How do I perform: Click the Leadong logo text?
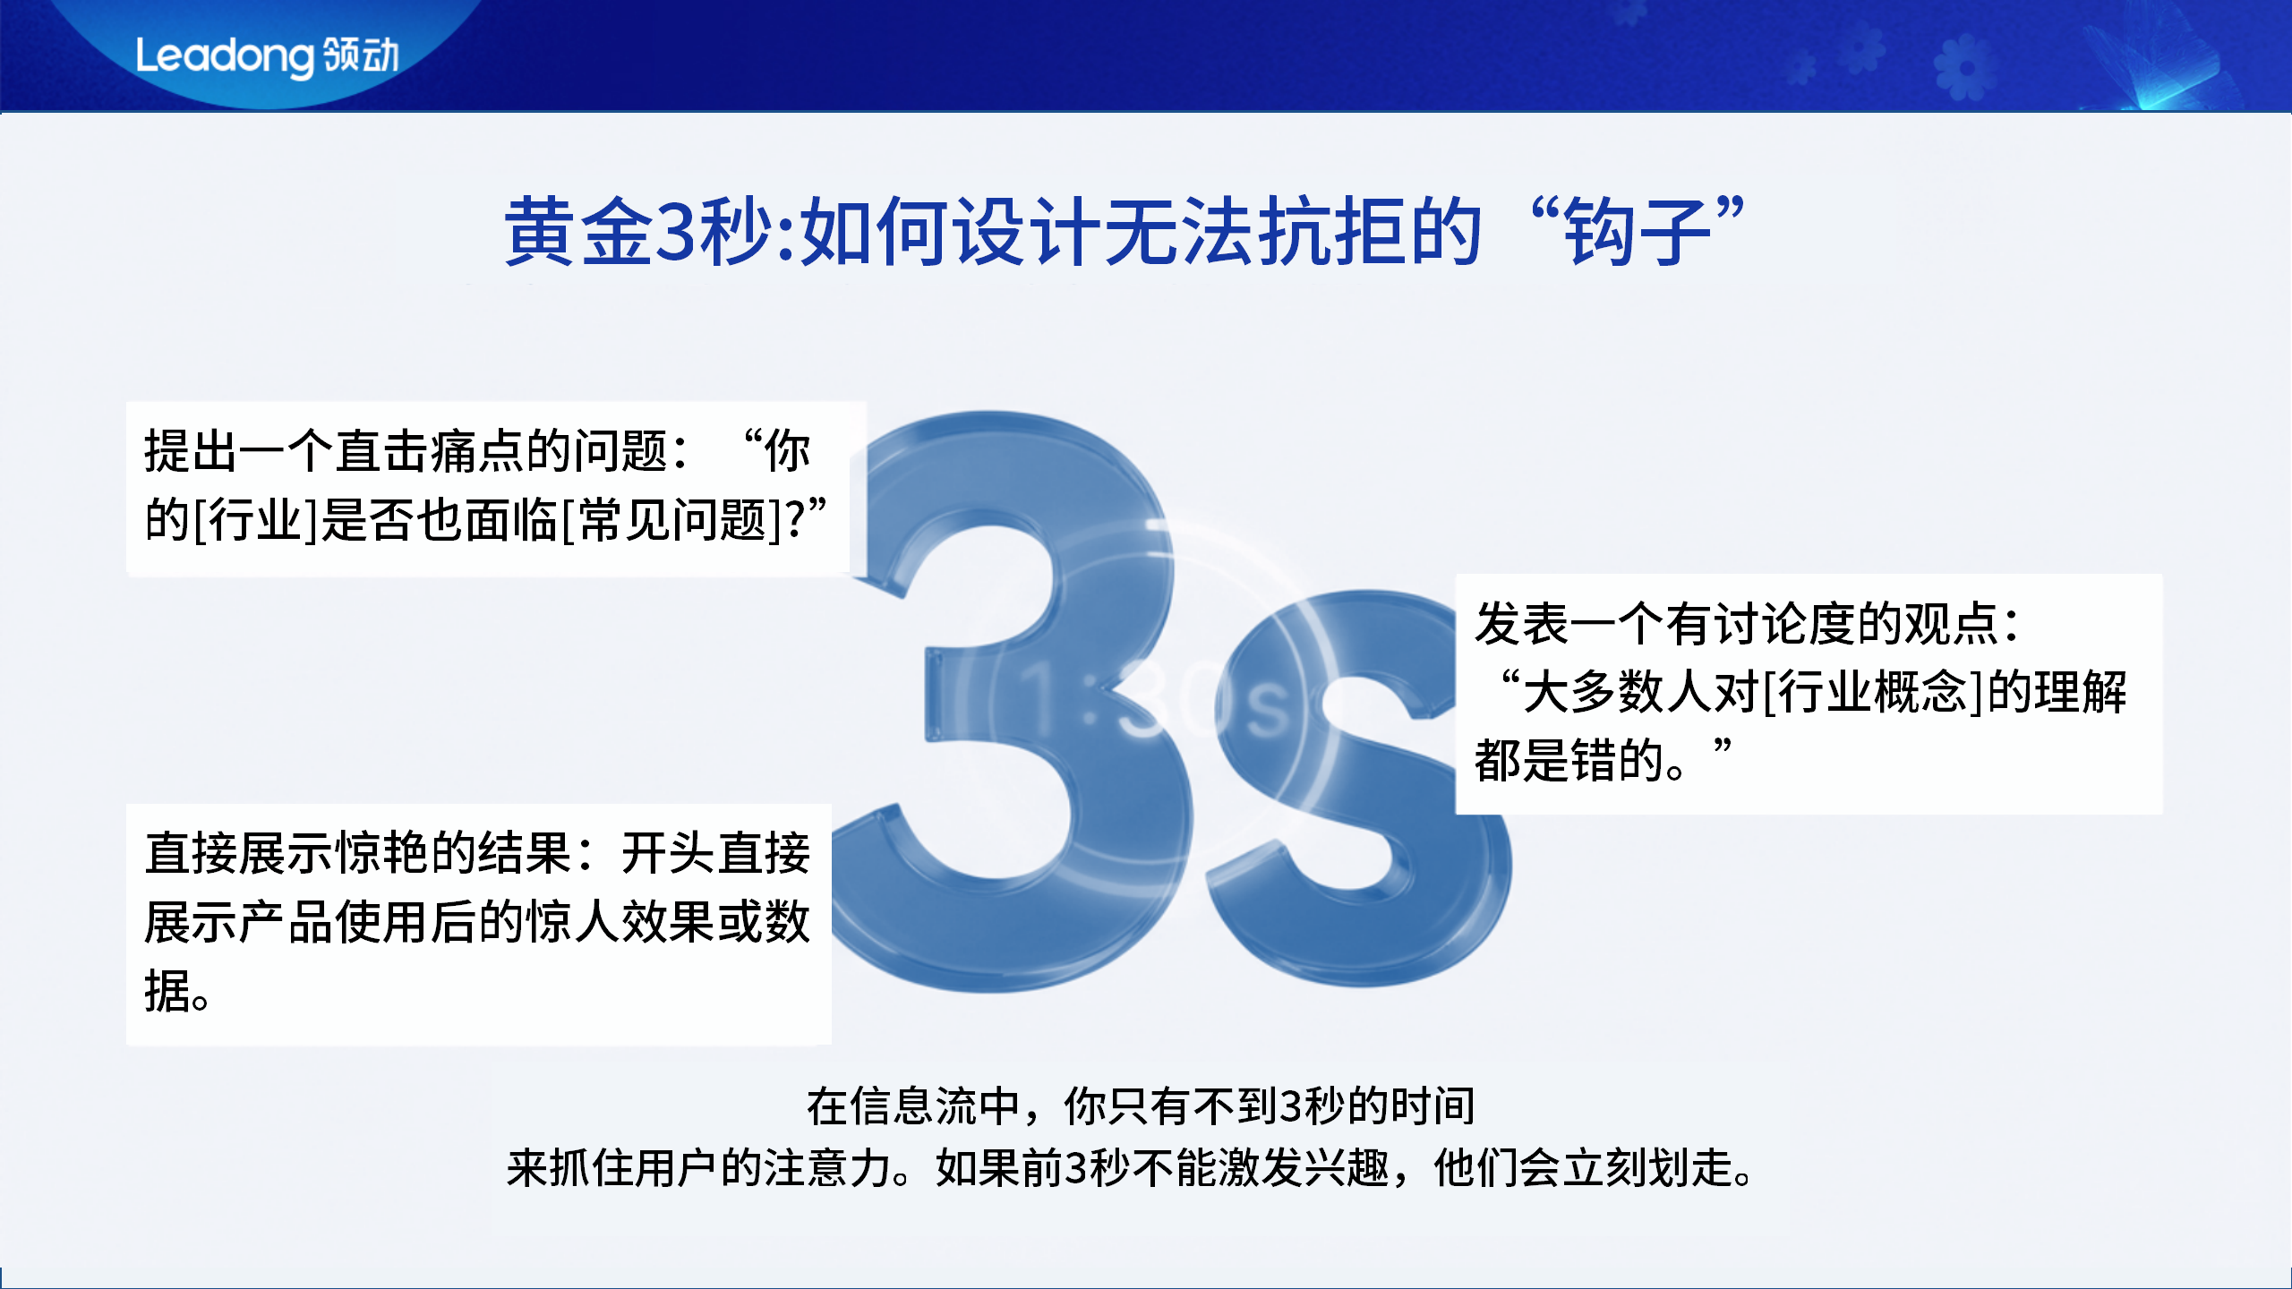(x=224, y=56)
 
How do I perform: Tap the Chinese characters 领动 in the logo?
(x=361, y=55)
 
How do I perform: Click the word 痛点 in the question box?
(x=477, y=450)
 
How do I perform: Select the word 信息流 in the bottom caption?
(x=913, y=1106)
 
